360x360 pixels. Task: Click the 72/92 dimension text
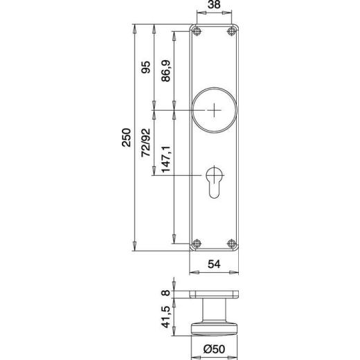click(x=145, y=143)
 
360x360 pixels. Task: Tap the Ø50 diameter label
click(x=215, y=351)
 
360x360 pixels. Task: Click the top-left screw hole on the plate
click(x=198, y=32)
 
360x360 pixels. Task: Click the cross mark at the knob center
click(x=216, y=110)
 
